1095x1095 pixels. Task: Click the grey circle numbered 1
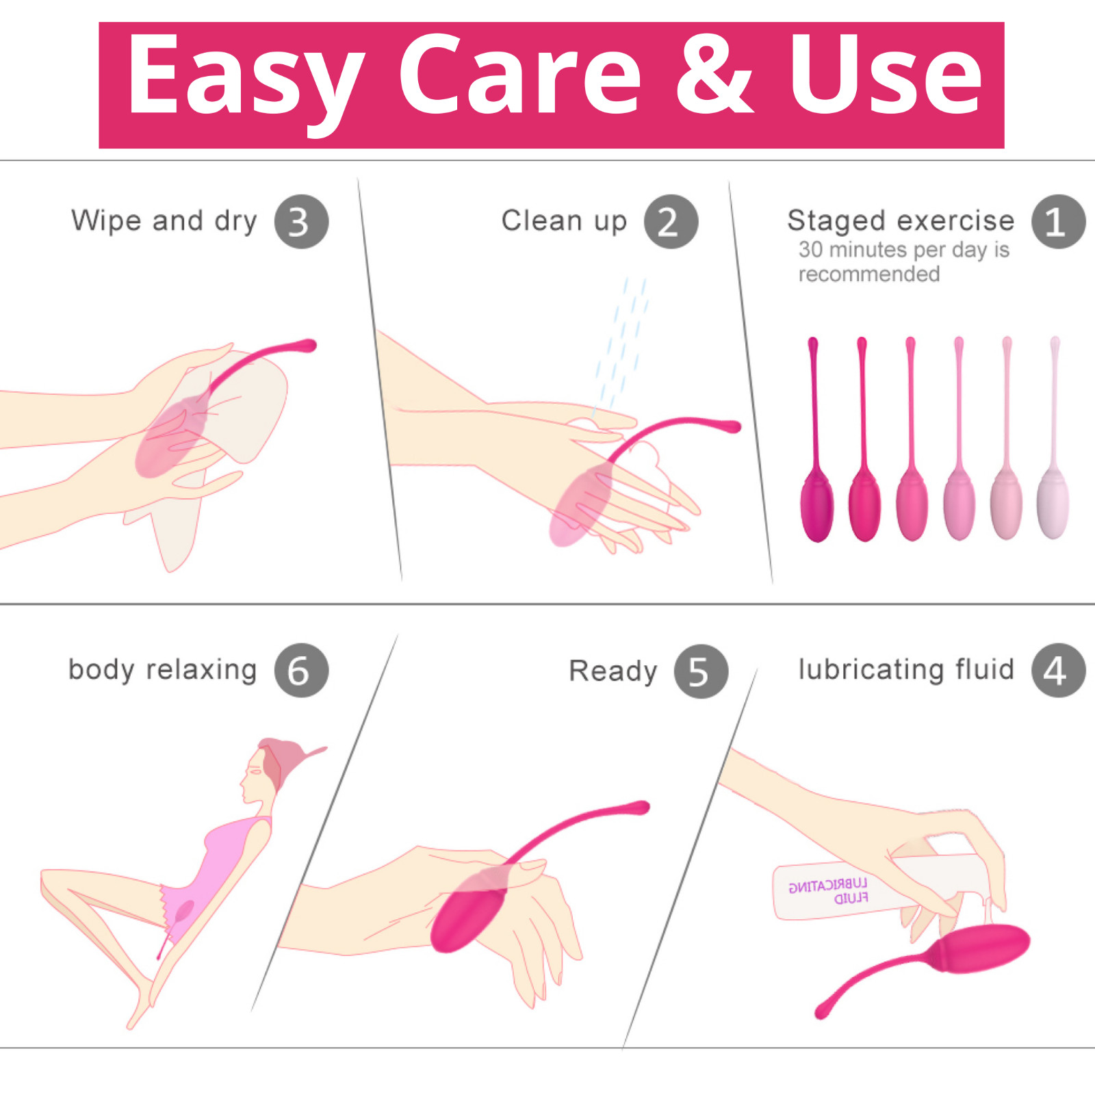pyautogui.click(x=1058, y=222)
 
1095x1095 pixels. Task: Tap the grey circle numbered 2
pyautogui.click(x=671, y=222)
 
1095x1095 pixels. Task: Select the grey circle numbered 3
pyautogui.click(x=301, y=222)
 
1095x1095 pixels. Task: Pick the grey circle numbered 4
pyautogui.click(x=1058, y=670)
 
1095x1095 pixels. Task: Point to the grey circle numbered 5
pyautogui.click(x=701, y=671)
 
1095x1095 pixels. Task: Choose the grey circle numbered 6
pyautogui.click(x=301, y=670)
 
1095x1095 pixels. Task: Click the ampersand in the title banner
pyautogui.click(x=714, y=75)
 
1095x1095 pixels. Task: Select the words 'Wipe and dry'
pyautogui.click(x=164, y=221)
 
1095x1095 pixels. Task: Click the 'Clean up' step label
pyautogui.click(x=564, y=221)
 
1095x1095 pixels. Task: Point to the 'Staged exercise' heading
pyautogui.click(x=901, y=221)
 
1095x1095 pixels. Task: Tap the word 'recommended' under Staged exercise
pyautogui.click(x=869, y=274)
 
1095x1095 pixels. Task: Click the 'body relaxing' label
pyautogui.click(x=162, y=669)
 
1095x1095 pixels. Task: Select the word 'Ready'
pyautogui.click(x=613, y=671)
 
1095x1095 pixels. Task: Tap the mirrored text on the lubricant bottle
pyautogui.click(x=828, y=891)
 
